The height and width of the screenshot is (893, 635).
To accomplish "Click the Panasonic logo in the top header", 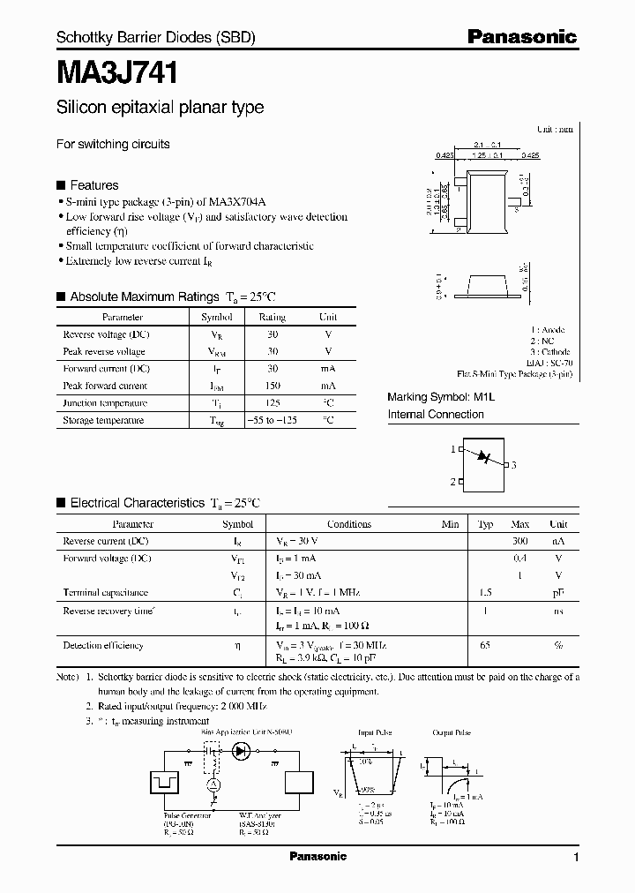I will pos(521,37).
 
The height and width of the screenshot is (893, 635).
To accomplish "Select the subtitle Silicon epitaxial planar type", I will pos(160,108).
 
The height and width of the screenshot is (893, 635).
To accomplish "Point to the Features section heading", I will pos(93,185).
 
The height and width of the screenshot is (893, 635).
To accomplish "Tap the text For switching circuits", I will pos(113,144).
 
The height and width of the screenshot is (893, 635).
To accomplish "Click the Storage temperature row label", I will pos(103,421).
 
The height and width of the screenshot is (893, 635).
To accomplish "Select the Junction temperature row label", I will pos(105,403).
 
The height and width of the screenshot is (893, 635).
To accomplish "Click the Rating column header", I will pos(272,317).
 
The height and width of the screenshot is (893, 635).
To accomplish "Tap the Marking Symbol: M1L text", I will pos(442,397).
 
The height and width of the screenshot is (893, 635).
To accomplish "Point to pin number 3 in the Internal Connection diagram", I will pos(513,465).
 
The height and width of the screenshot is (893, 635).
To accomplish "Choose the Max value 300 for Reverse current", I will pos(520,541).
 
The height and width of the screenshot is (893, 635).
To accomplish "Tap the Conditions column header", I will pos(349,524).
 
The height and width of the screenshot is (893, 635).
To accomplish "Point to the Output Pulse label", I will pos(452,733).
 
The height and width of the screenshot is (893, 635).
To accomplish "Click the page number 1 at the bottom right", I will pos(576,858).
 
